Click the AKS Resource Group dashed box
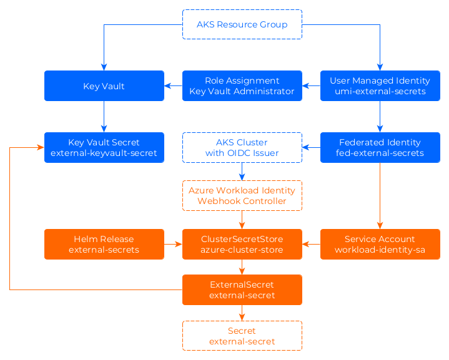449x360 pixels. (x=242, y=24)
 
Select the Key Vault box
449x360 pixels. (x=104, y=85)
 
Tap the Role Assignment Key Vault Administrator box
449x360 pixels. (x=242, y=85)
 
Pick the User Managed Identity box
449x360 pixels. (x=380, y=85)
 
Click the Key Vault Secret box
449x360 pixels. (x=104, y=147)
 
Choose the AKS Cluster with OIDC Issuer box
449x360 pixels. (x=242, y=147)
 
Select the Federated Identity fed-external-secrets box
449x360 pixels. (x=380, y=147)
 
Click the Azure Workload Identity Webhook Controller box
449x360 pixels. (x=242, y=195)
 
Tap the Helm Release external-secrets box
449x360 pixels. (x=104, y=244)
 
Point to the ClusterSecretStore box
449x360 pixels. (x=242, y=244)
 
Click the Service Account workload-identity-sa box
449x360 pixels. (x=380, y=244)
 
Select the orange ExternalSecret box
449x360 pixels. (x=242, y=289)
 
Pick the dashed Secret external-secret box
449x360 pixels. (x=242, y=336)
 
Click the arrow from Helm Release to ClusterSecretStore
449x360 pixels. (x=173, y=244)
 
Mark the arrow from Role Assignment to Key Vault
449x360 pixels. (x=173, y=85)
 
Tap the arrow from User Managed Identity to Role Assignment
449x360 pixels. (x=311, y=85)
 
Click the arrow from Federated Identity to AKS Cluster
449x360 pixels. (x=311, y=147)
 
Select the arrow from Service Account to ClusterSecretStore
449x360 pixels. (x=311, y=244)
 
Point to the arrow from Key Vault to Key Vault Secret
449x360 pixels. (x=104, y=116)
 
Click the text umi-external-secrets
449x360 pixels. (x=380, y=91)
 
